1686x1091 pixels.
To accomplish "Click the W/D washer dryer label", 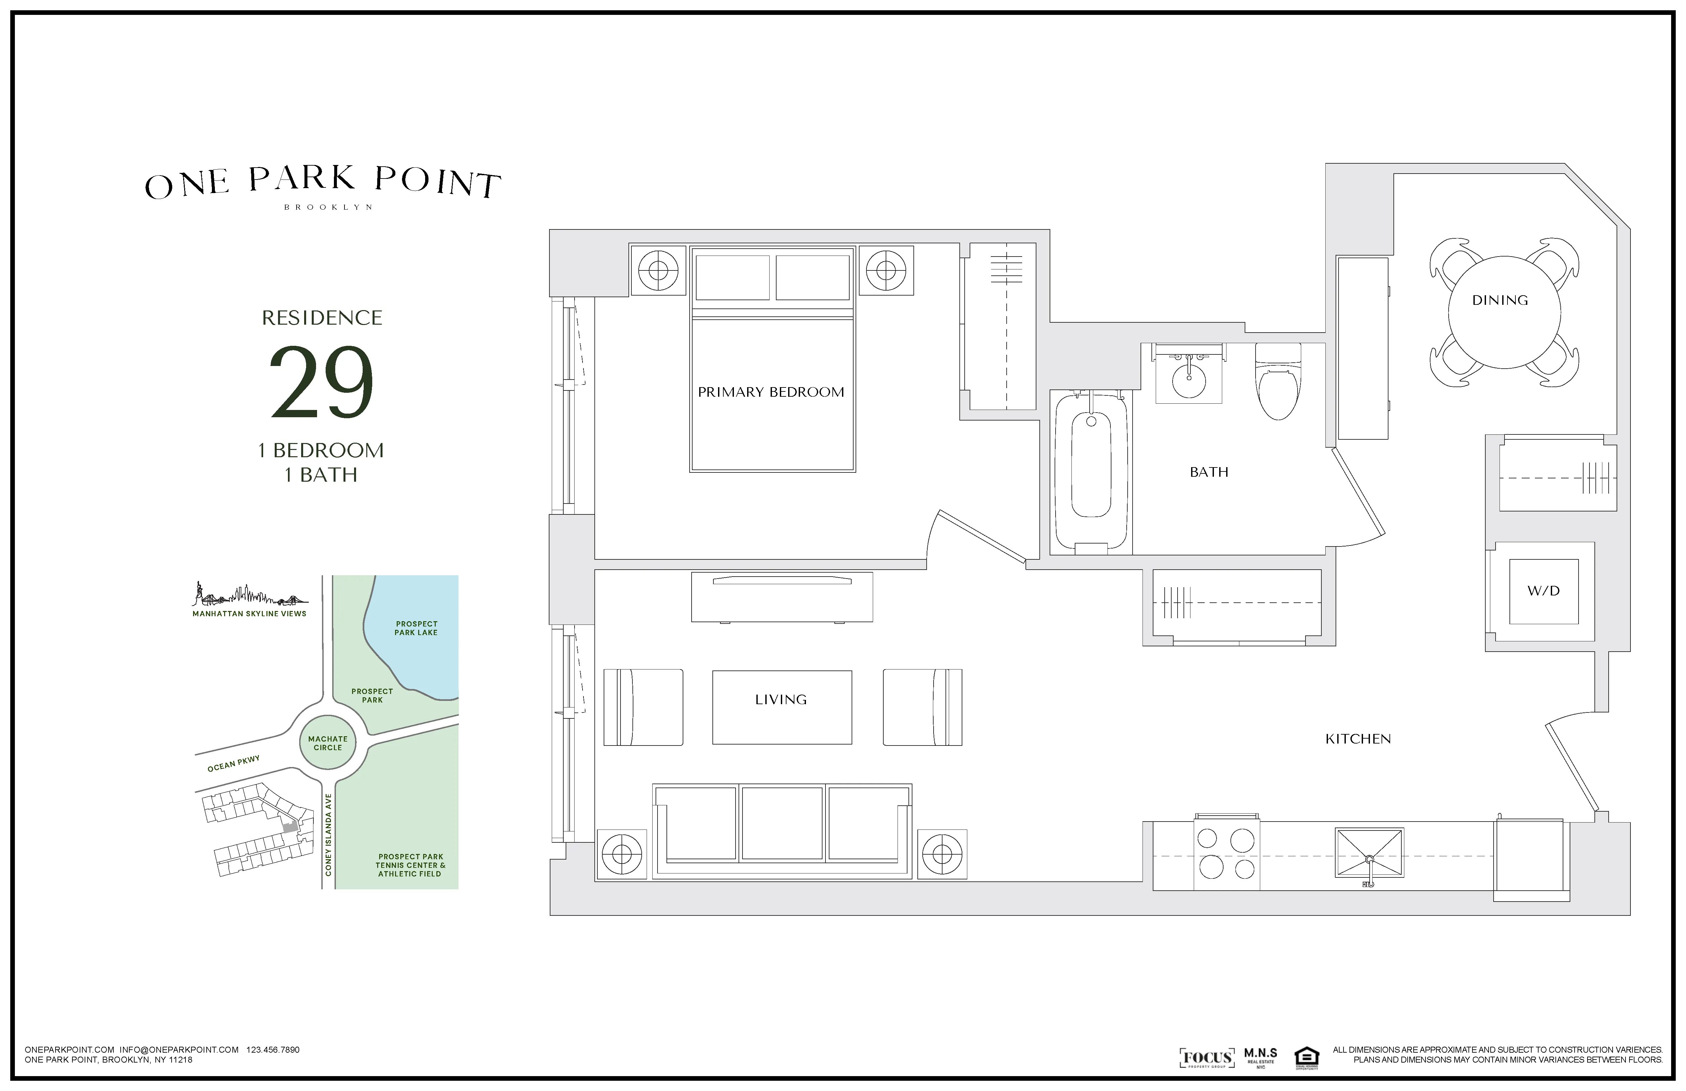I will coord(1543,591).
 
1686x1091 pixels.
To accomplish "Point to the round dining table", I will coord(1504,312).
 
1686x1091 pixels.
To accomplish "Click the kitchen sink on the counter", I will coord(1369,853).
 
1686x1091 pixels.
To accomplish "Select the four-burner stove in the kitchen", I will coord(1226,854).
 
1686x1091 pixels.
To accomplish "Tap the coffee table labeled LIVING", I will coord(782,707).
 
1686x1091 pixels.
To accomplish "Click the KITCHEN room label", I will coord(1357,739).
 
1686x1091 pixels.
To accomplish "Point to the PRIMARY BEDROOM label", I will coord(771,392).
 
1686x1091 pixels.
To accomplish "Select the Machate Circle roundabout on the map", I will coord(328,743).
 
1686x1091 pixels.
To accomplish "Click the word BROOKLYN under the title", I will coord(328,208).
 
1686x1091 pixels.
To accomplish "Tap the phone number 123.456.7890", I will coord(273,1050).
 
